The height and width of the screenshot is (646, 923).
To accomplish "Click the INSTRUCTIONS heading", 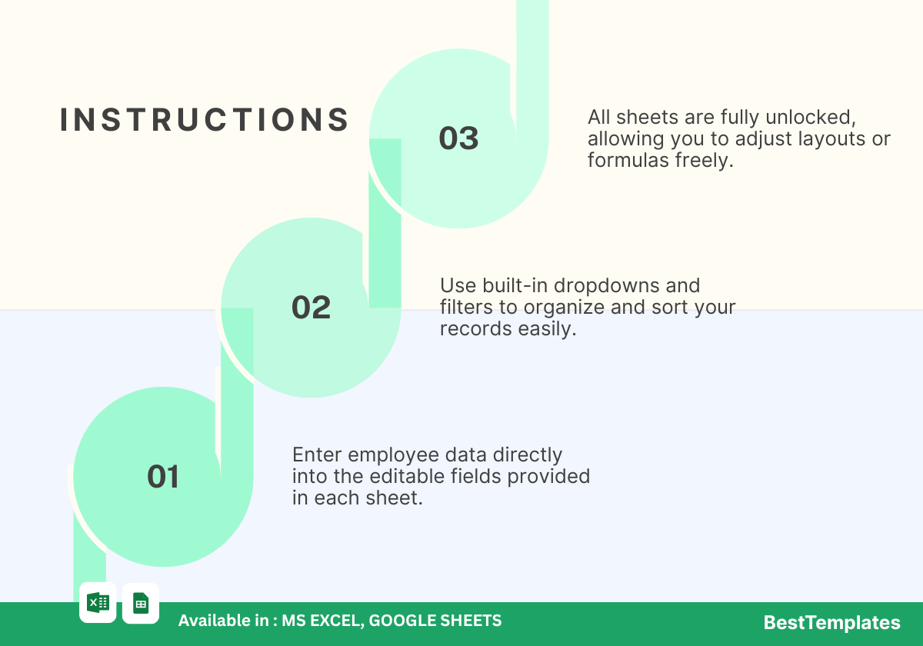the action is point(205,120).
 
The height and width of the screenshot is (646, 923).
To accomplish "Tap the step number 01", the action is point(163,477).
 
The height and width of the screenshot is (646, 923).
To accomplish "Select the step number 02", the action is point(311,308).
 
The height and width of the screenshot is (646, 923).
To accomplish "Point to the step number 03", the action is point(458,138).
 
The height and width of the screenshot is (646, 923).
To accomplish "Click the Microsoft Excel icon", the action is point(98,603).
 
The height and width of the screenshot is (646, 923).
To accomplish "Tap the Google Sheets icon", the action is point(141,603).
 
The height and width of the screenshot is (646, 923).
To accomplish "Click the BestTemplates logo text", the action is point(832,622).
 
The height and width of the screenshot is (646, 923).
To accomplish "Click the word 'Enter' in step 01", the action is point(317,455).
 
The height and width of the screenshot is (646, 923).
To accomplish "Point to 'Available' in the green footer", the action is point(223,621).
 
